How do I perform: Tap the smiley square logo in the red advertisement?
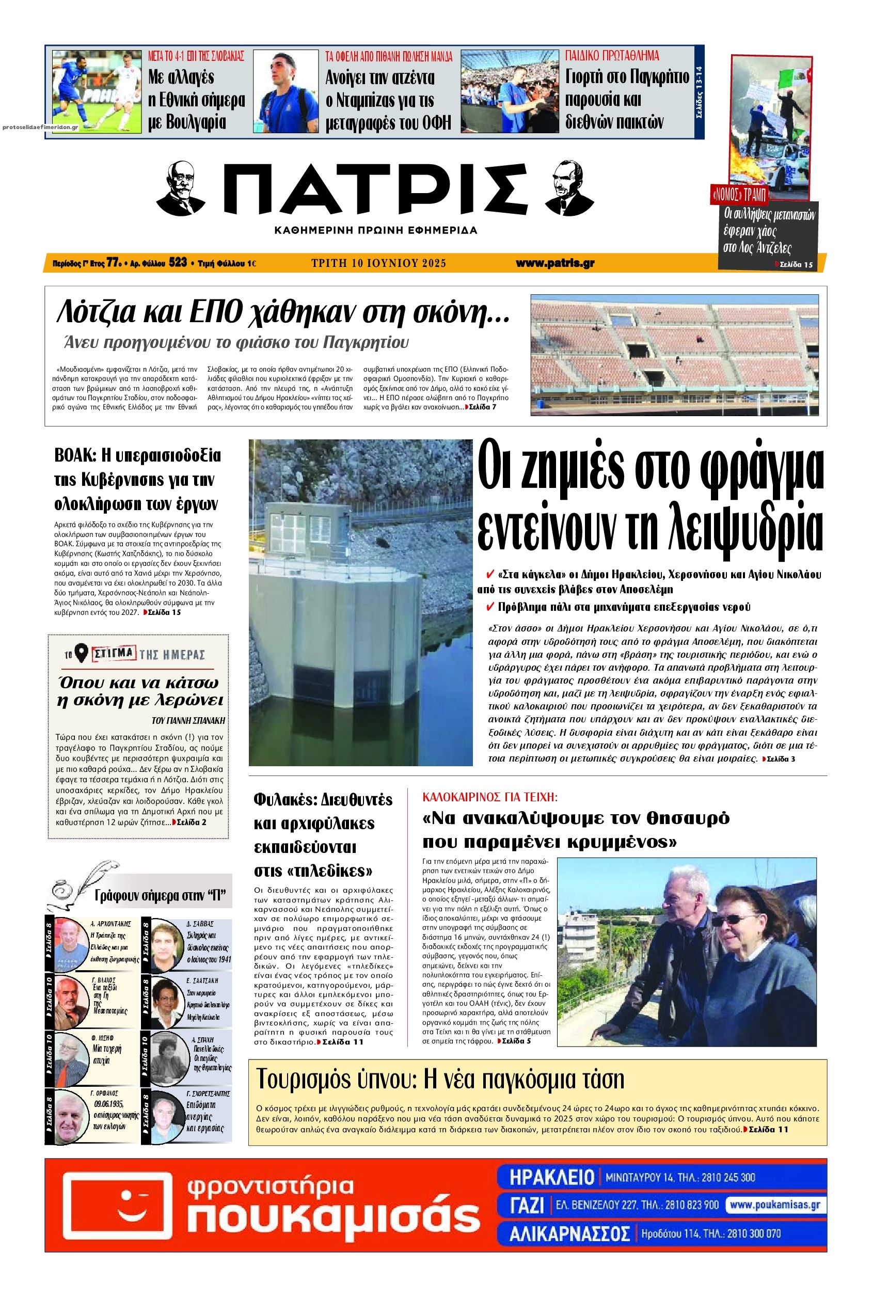[x=115, y=1219]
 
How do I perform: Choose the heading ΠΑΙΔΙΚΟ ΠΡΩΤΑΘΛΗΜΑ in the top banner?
[x=612, y=56]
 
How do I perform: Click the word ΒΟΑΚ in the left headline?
[x=75, y=455]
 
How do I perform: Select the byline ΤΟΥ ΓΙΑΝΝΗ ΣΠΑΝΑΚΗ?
[x=188, y=720]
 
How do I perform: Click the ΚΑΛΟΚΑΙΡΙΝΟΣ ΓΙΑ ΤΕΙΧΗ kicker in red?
[x=490, y=797]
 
